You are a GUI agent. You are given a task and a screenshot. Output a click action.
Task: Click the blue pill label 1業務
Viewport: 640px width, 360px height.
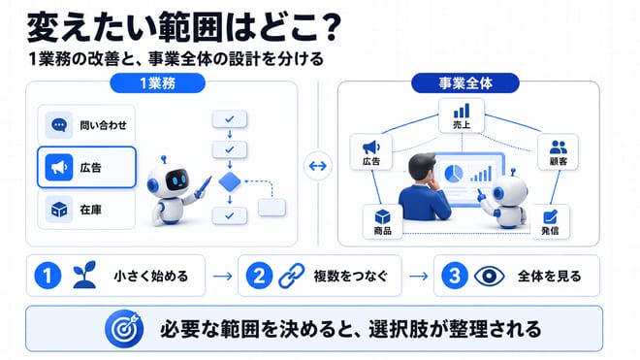point(157,83)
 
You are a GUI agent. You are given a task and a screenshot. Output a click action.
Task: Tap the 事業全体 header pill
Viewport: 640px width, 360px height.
point(464,83)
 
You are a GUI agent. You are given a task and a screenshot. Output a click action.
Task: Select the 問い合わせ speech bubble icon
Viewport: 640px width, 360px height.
point(59,125)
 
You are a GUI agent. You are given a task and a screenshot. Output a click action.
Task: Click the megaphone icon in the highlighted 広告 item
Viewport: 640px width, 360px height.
point(59,167)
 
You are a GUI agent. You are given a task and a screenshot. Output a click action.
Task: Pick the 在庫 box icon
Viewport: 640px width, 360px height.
point(59,210)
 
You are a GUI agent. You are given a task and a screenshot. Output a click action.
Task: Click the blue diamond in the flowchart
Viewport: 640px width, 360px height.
point(230,181)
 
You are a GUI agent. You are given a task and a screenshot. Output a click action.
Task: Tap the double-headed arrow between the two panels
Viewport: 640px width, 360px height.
point(317,166)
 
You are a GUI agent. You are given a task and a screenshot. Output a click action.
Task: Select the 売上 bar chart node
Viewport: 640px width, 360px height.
point(462,115)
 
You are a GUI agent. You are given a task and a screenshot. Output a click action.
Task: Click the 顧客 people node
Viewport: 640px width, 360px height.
point(558,151)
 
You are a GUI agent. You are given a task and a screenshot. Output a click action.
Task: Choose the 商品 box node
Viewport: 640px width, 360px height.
point(382,221)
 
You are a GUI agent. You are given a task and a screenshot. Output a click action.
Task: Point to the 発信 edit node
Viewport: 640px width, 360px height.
point(550,221)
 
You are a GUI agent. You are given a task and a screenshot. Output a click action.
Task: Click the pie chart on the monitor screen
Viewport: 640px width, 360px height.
point(453,174)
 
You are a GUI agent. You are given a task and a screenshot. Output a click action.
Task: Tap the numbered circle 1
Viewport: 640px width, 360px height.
point(48,276)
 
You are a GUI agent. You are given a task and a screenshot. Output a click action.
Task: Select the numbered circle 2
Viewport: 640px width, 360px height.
point(259,276)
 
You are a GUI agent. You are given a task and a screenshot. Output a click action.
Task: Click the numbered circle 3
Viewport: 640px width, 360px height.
point(455,276)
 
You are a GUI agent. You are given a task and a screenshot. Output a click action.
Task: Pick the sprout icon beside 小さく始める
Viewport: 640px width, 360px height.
point(84,275)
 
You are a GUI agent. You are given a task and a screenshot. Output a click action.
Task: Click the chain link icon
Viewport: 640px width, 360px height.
point(292,276)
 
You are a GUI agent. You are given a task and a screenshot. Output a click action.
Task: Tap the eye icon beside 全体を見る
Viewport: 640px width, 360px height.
point(490,277)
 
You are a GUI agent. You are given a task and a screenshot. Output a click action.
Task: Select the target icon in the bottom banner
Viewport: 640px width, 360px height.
point(124,329)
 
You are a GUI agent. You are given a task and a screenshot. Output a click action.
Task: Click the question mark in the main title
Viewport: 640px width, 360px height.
point(328,28)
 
